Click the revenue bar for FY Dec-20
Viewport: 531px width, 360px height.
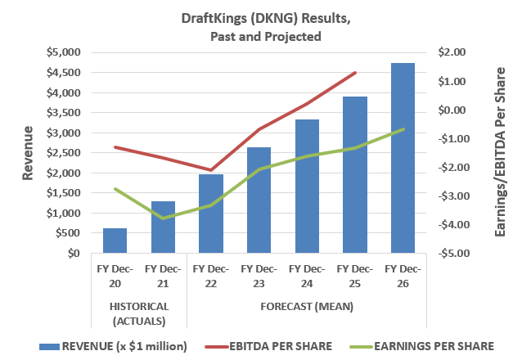[115, 241]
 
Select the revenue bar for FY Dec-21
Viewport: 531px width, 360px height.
[163, 227]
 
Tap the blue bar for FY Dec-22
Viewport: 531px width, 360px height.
[211, 214]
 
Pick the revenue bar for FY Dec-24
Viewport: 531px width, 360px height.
[307, 187]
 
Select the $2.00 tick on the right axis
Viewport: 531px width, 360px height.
[452, 52]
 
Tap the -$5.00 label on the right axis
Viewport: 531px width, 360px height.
[452, 254]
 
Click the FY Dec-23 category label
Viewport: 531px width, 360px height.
[259, 275]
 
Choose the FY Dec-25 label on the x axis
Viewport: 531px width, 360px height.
[354, 275]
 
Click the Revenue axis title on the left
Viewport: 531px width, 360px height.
[28, 153]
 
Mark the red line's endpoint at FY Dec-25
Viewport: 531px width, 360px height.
[355, 73]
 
